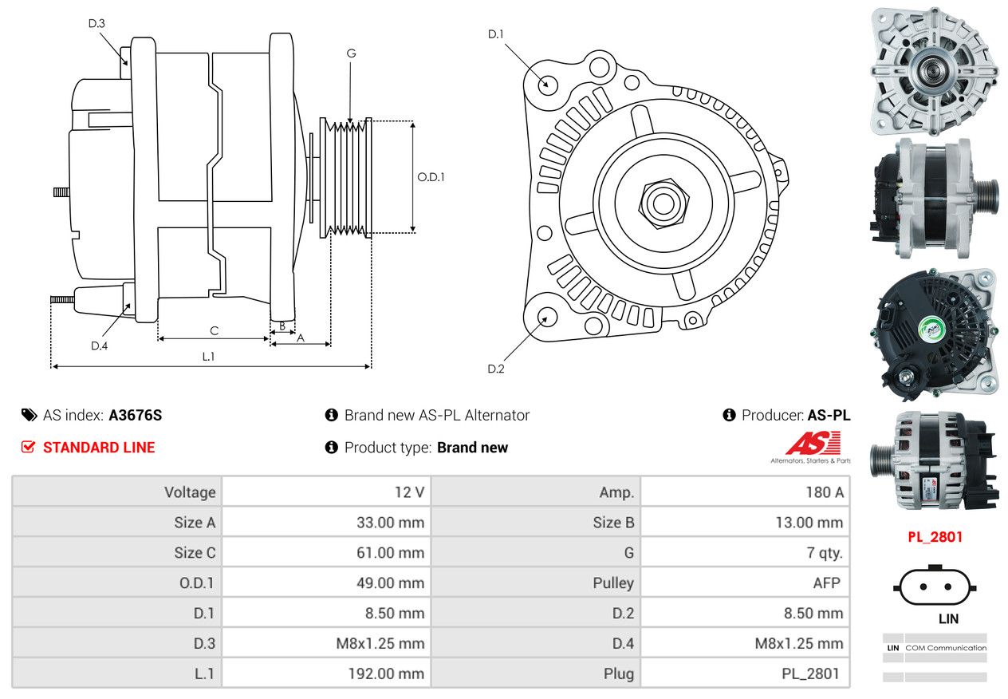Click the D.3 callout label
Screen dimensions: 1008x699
[96, 23]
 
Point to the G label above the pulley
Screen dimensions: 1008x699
[351, 53]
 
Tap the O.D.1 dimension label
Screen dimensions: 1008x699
[431, 177]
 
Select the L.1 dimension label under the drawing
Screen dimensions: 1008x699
[208, 357]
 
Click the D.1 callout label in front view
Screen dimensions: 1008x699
[495, 34]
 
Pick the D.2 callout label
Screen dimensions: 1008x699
[496, 369]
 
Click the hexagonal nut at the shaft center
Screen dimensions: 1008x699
[663, 204]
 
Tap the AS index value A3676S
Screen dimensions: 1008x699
[136, 415]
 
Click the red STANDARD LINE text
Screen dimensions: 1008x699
[99, 447]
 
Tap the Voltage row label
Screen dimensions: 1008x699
[190, 492]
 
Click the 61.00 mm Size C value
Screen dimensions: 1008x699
[390, 553]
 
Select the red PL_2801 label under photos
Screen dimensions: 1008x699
[935, 537]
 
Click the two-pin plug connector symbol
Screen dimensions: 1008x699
[935, 586]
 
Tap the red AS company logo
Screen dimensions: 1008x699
[813, 443]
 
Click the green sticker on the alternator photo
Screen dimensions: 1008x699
[931, 330]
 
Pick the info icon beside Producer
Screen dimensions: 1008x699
[729, 415]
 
